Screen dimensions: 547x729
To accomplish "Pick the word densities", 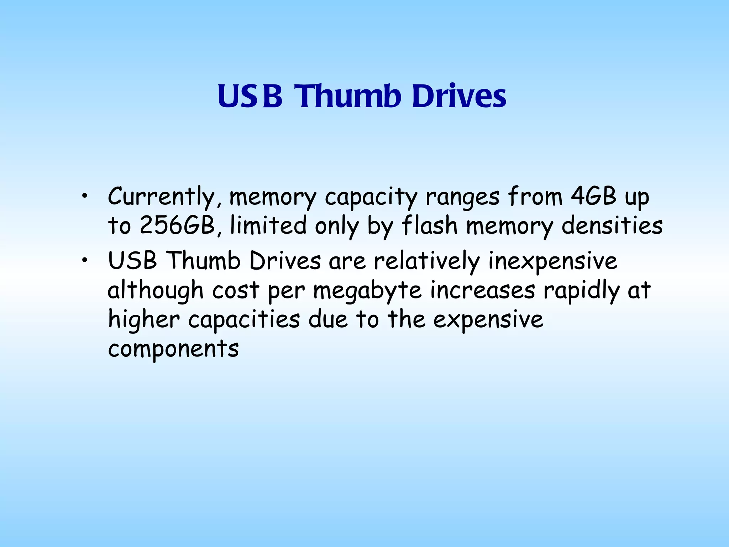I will click(x=612, y=226).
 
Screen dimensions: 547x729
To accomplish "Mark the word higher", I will click(x=144, y=320).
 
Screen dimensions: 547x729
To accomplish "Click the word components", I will click(x=173, y=349).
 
